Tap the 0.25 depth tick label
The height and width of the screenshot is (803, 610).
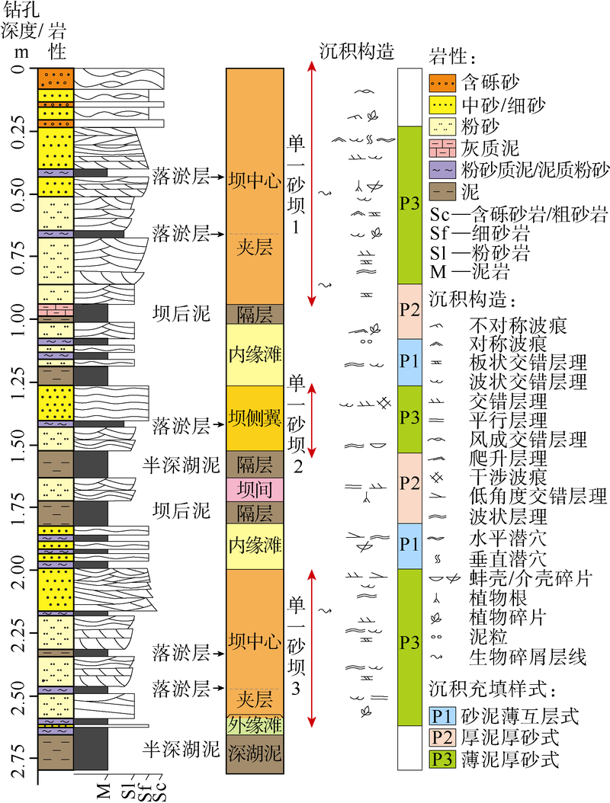coord(18,132)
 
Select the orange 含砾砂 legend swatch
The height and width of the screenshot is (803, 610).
coord(442,82)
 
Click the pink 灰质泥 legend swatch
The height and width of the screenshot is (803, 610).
coord(442,149)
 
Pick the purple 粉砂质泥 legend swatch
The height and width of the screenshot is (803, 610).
coord(442,169)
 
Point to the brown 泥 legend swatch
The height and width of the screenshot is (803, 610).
coord(442,191)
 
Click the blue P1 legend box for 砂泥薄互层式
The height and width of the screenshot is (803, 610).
coord(441,716)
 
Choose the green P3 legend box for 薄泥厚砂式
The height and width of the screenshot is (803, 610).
coord(441,759)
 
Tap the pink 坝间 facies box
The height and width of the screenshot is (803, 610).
coord(255,490)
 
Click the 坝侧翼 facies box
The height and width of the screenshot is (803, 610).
coord(255,418)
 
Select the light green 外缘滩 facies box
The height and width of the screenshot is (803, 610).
coord(255,725)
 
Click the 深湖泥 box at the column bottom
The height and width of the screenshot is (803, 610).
coord(255,753)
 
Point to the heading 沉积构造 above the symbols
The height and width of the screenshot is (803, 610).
coord(357,51)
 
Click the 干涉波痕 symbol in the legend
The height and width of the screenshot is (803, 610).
coord(437,478)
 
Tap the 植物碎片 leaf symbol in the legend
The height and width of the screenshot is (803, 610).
coord(436,618)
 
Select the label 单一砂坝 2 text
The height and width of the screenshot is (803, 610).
coord(297,424)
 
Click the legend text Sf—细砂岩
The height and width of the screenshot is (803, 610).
coord(480,234)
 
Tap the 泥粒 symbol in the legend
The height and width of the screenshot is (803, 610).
coord(437,637)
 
